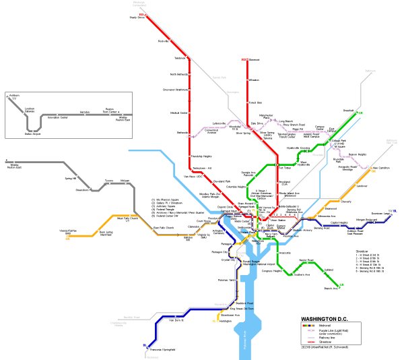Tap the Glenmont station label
coord(255,60)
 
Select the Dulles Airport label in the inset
coord(33,134)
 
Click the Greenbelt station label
coord(348,111)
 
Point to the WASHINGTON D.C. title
coord(329,319)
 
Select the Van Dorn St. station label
coord(176,321)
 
